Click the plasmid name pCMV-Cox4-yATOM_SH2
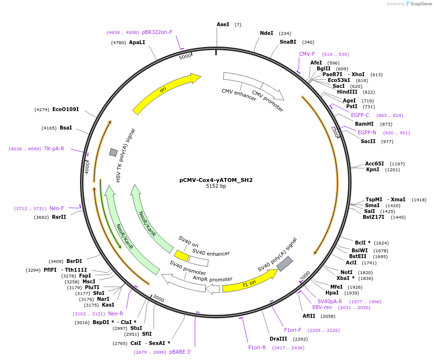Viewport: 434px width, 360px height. [216, 180]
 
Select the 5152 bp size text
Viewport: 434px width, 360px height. [216, 186]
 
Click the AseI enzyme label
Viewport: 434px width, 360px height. [223, 24]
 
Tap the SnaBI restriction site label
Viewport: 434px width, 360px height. [288, 42]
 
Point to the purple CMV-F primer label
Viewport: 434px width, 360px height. [307, 54]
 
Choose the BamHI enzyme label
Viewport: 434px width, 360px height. [364, 124]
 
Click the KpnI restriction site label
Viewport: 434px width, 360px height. [373, 170]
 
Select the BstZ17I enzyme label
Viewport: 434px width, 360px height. [373, 217]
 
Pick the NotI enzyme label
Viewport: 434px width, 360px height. [346, 272]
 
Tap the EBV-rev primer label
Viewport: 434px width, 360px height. [322, 307]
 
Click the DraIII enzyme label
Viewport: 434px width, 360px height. [278, 339]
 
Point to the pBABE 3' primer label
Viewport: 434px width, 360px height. [180, 352]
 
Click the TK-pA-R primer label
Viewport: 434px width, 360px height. [54, 148]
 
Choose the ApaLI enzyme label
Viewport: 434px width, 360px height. [137, 42]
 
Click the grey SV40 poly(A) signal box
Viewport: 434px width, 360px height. [285, 263]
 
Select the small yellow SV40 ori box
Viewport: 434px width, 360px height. [181, 256]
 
